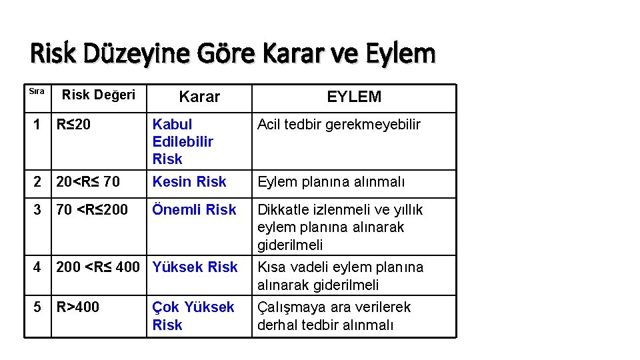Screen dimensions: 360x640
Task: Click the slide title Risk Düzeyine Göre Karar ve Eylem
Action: point(233,53)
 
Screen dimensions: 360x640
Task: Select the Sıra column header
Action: point(37,91)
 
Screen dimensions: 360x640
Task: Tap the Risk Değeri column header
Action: point(99,95)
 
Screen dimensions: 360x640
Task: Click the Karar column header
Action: point(199,97)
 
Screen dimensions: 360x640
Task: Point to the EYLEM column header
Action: point(354,97)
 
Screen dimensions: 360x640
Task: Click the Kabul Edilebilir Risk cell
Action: point(183,141)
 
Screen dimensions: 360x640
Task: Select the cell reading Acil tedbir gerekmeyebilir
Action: point(339,124)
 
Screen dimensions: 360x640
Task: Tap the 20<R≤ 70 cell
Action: point(88,181)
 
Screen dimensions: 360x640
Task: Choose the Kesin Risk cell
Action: point(189,181)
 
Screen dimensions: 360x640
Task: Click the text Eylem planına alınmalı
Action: point(331,182)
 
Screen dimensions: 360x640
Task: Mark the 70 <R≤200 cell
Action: point(92,210)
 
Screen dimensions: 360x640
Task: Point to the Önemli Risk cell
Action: point(194,210)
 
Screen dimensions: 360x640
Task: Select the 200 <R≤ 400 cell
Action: point(98,267)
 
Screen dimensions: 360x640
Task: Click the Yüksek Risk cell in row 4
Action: point(195,267)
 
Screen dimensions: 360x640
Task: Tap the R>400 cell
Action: point(77,307)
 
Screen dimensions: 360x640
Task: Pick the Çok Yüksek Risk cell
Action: point(193,316)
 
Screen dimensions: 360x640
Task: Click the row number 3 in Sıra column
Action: point(39,210)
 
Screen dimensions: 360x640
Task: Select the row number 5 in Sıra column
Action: point(39,307)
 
